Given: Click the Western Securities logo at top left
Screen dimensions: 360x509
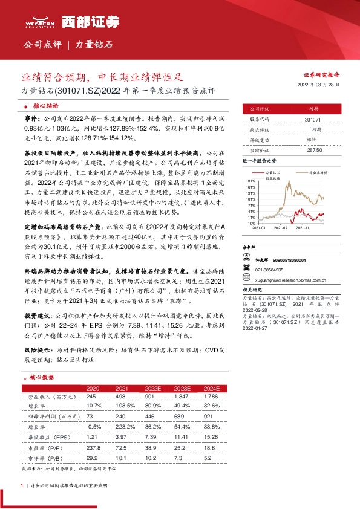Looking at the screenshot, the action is [x=38, y=22].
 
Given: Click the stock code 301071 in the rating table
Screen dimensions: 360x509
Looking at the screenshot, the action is [x=311, y=120].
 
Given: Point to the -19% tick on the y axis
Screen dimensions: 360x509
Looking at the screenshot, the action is [x=249, y=223].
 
